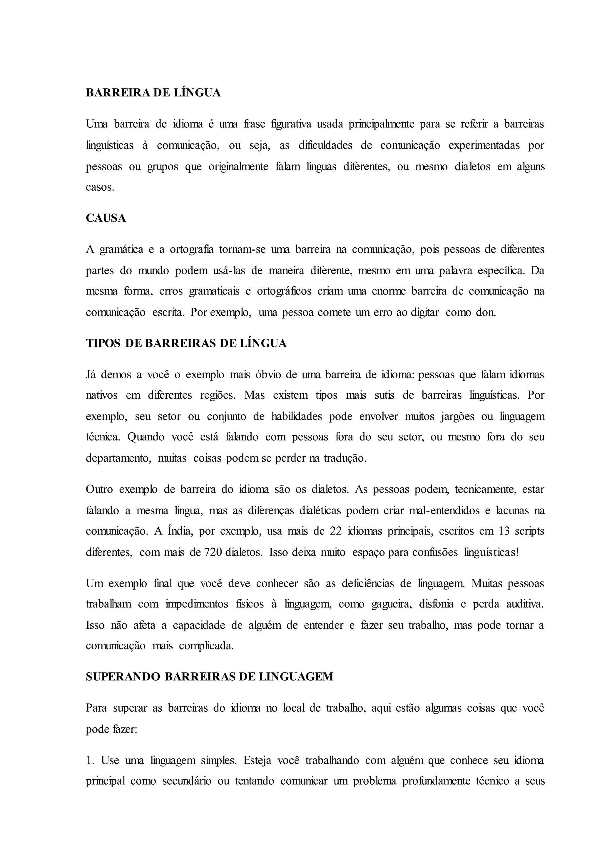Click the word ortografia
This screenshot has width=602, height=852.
[x=192, y=249]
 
